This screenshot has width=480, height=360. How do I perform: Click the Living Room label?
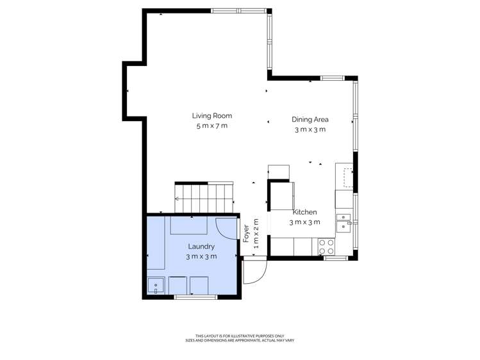[x=211, y=116]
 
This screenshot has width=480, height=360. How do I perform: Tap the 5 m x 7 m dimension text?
[x=211, y=126]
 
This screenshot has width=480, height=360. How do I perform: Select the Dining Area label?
[x=310, y=119]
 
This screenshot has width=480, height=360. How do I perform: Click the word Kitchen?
[x=304, y=212]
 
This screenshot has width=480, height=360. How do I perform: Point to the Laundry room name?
[x=201, y=246]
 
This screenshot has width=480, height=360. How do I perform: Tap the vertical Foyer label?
[x=246, y=232]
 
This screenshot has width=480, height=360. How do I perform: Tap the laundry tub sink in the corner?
[x=156, y=286]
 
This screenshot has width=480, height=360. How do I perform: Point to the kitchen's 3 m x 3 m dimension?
[x=304, y=222]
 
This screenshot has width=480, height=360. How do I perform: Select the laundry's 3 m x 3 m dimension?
[x=201, y=256]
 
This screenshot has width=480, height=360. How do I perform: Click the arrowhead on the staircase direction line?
[x=177, y=199]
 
